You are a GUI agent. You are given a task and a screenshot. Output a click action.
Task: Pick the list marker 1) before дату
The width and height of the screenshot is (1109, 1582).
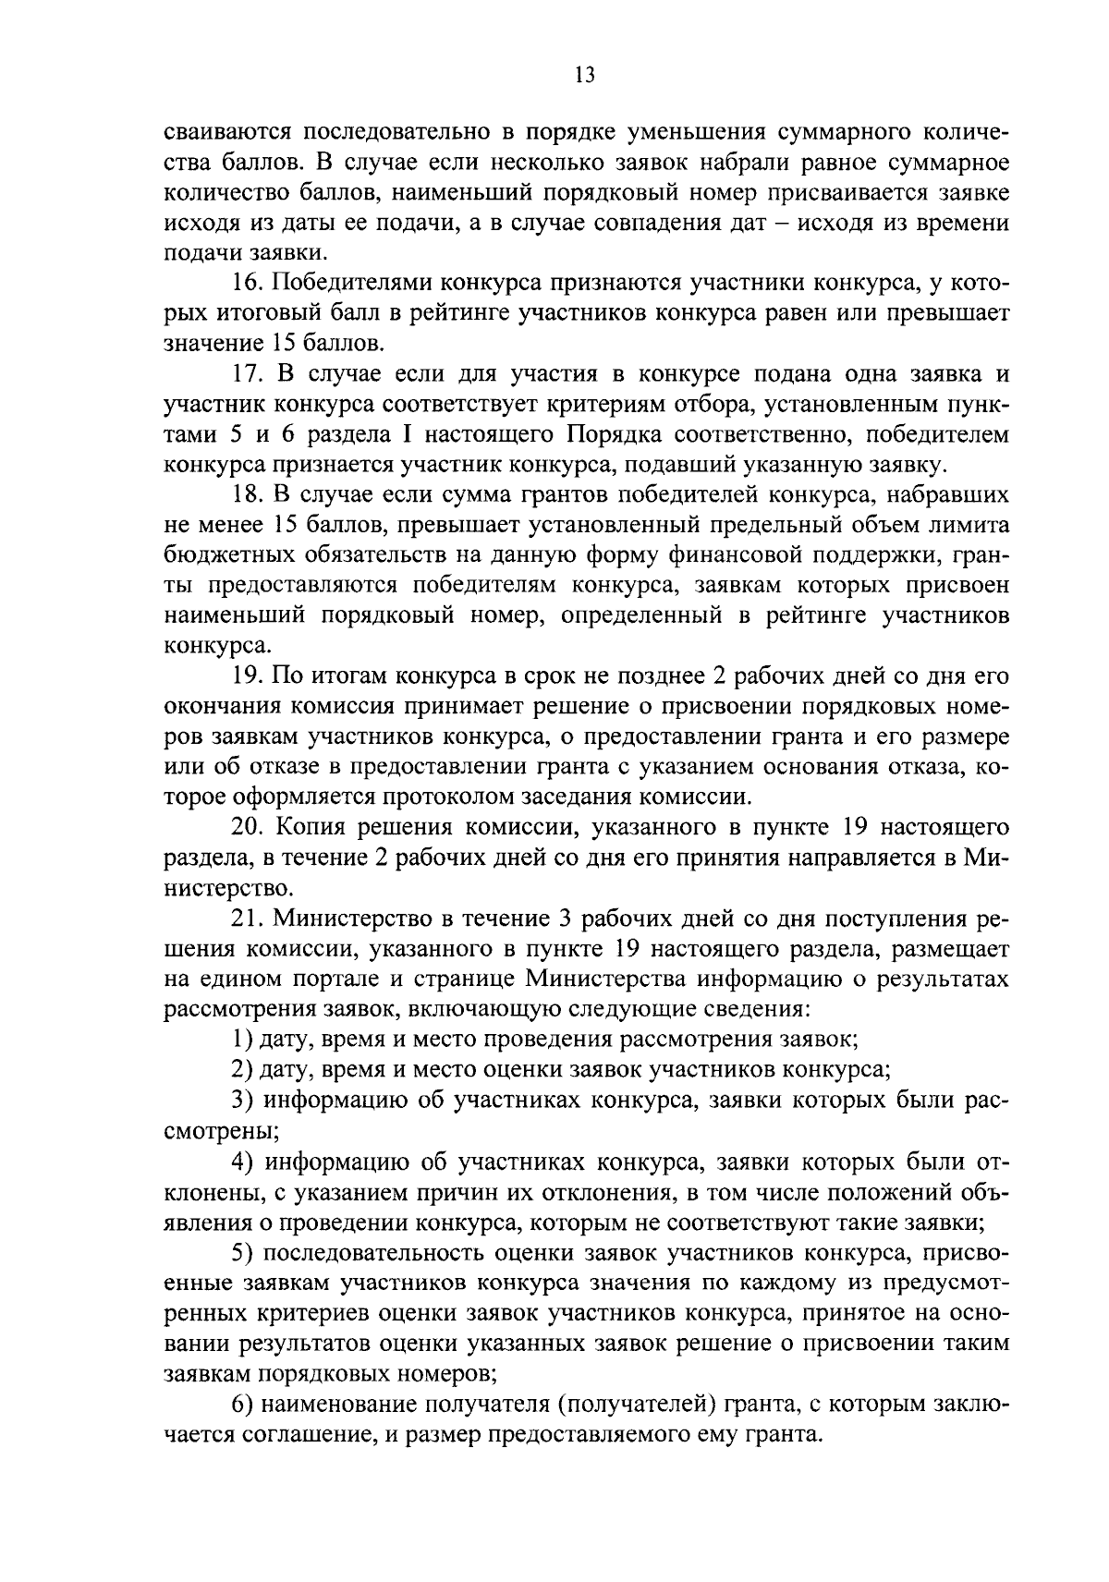(242, 1039)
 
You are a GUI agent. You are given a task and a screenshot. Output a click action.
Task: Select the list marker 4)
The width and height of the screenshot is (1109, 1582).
(242, 1161)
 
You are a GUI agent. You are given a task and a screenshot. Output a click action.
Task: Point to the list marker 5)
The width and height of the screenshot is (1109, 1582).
(242, 1252)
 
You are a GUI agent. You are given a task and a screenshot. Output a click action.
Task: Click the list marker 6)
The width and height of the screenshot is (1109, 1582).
(242, 1405)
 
